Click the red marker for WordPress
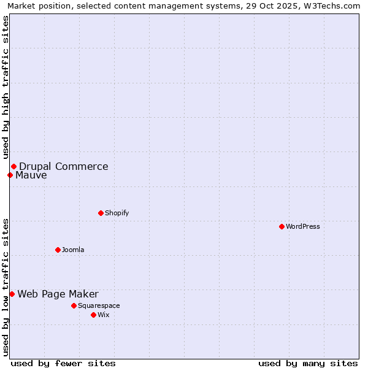[x=282, y=226]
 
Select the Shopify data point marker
[x=101, y=213]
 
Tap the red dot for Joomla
[x=58, y=250]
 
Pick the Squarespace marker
[x=74, y=305]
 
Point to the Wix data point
[x=93, y=315]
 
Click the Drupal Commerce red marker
[x=13, y=166]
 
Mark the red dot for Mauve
[x=10, y=175]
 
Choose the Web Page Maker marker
[x=12, y=294]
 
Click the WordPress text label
[x=303, y=226]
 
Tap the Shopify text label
[x=117, y=213]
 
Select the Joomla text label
[x=73, y=250]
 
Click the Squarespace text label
[x=99, y=305]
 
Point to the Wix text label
[x=103, y=315]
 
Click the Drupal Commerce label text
[x=64, y=166]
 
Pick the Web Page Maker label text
[x=58, y=294]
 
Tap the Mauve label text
[x=31, y=175]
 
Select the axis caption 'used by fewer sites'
[x=63, y=363]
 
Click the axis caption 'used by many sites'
[x=308, y=363]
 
